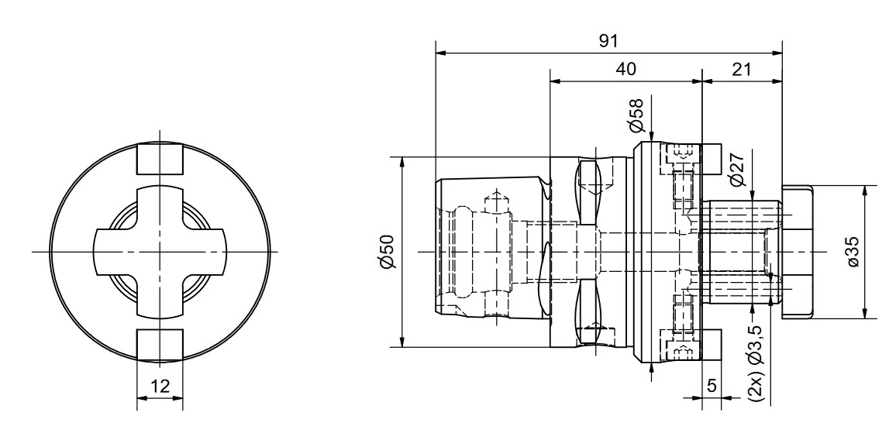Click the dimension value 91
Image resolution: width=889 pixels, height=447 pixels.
pos(608,41)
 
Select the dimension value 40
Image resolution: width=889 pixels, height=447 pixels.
pos(625,69)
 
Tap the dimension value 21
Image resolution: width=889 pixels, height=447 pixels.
pos(741,69)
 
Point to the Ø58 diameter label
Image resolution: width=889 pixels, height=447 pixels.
pos(636,116)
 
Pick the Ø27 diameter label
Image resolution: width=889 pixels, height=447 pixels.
pos(737,169)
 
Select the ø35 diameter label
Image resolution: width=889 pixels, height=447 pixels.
pos(853,251)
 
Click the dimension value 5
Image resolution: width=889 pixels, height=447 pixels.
pos(712,385)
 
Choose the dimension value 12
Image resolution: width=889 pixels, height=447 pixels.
pos(160,387)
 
